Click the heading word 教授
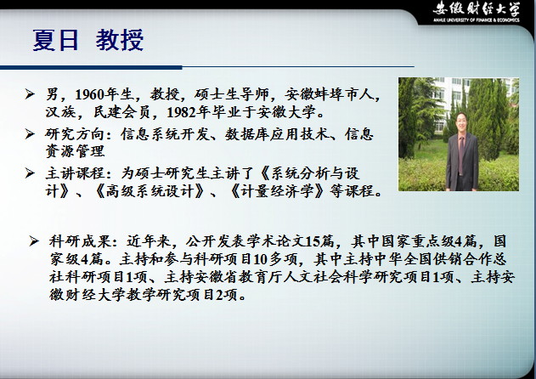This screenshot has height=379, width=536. click(x=119, y=40)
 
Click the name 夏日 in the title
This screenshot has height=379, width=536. click(x=56, y=40)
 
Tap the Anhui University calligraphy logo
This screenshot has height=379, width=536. click(x=477, y=8)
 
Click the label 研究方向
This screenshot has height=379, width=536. click(x=75, y=134)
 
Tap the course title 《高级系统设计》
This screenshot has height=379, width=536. click(x=150, y=191)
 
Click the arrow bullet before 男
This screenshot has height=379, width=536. click(x=30, y=93)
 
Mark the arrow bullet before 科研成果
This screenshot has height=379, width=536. click(x=34, y=241)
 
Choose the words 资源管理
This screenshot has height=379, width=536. click(x=75, y=151)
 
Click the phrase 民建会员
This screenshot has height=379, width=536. click(x=122, y=112)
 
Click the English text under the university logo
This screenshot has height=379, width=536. click(x=477, y=20)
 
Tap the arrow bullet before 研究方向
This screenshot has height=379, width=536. click(x=30, y=133)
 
